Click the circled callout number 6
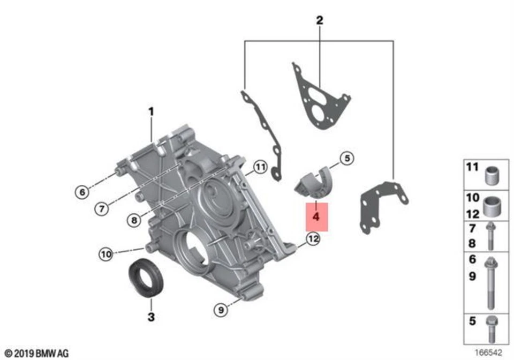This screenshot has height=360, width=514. click(82, 191)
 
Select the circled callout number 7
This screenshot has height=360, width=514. click(102, 208)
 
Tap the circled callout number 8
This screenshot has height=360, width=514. click(135, 220)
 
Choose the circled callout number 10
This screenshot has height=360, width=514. click(105, 253)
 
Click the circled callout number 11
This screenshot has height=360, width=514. click(260, 168)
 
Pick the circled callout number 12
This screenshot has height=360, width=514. click(313, 238)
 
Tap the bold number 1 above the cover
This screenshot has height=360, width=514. click(151, 112)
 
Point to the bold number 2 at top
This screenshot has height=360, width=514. click(320, 21)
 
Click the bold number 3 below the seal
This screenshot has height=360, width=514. click(151, 317)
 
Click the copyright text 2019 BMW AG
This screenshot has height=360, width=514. click(37, 353)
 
